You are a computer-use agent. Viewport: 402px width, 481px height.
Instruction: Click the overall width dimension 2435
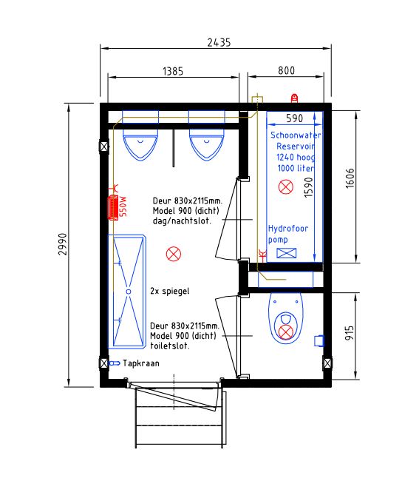219,42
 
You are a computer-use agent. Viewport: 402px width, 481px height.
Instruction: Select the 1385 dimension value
173,71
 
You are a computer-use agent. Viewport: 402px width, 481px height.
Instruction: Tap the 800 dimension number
286,70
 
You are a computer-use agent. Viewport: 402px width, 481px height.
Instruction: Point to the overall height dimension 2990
63,244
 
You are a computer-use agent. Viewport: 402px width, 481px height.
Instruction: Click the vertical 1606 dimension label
350,178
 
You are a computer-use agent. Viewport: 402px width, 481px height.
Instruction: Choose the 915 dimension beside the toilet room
350,332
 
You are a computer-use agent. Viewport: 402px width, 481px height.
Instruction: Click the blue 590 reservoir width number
294,118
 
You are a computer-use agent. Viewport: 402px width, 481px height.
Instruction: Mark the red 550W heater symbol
113,207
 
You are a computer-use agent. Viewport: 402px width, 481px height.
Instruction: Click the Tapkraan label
141,363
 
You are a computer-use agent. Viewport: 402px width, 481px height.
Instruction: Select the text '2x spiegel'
170,291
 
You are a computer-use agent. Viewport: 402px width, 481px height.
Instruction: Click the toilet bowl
285,318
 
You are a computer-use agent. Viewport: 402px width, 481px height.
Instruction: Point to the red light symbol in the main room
174,254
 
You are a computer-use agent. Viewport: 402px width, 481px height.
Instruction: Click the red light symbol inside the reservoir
286,186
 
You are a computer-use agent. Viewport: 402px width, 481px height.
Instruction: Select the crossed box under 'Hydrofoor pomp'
287,253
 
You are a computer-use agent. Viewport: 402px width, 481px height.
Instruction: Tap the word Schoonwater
296,135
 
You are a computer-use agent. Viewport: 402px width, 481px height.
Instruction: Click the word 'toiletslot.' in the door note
170,346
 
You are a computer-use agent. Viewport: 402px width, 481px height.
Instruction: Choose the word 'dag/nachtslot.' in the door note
182,221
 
